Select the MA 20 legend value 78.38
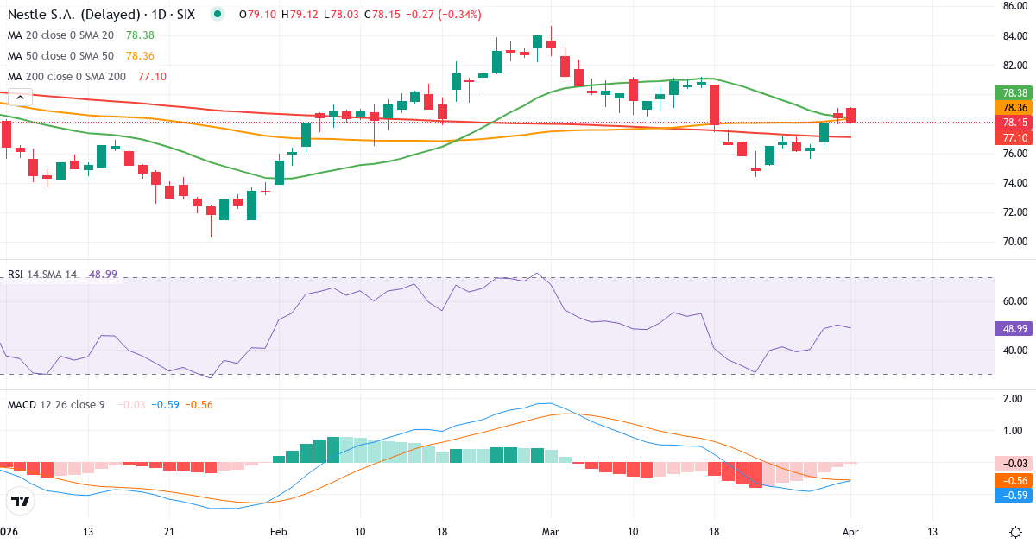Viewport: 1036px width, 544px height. pyautogui.click(x=141, y=35)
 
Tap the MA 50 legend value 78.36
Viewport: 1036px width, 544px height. pyautogui.click(x=141, y=55)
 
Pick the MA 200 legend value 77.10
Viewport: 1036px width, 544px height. pyautogui.click(x=152, y=76)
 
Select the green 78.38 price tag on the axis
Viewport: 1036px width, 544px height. pyautogui.click(x=1014, y=92)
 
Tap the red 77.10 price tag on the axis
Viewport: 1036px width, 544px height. pyautogui.click(x=1014, y=138)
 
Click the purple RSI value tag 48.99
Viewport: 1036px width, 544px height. pyautogui.click(x=1014, y=328)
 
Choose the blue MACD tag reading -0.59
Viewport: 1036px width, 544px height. pyautogui.click(x=1014, y=495)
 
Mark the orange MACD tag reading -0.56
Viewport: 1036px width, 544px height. pyautogui.click(x=1014, y=480)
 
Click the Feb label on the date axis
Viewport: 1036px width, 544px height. pyautogui.click(x=278, y=531)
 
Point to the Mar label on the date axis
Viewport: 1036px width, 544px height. pyautogui.click(x=550, y=531)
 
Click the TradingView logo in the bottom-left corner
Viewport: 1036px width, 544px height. pyautogui.click(x=21, y=501)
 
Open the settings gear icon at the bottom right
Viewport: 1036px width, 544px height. pyautogui.click(x=1015, y=531)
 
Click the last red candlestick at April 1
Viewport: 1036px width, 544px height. pyautogui.click(x=851, y=115)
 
